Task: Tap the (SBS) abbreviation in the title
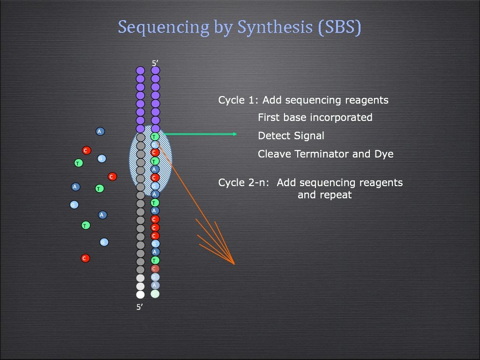pos(340,27)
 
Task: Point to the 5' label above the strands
pos(155,62)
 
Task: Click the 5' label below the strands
pos(140,307)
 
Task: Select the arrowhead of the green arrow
pos(234,134)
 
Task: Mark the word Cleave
pos(274,154)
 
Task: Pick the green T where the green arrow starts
pos(155,136)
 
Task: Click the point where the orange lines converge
pos(233,264)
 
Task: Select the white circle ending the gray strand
pos(140,294)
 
